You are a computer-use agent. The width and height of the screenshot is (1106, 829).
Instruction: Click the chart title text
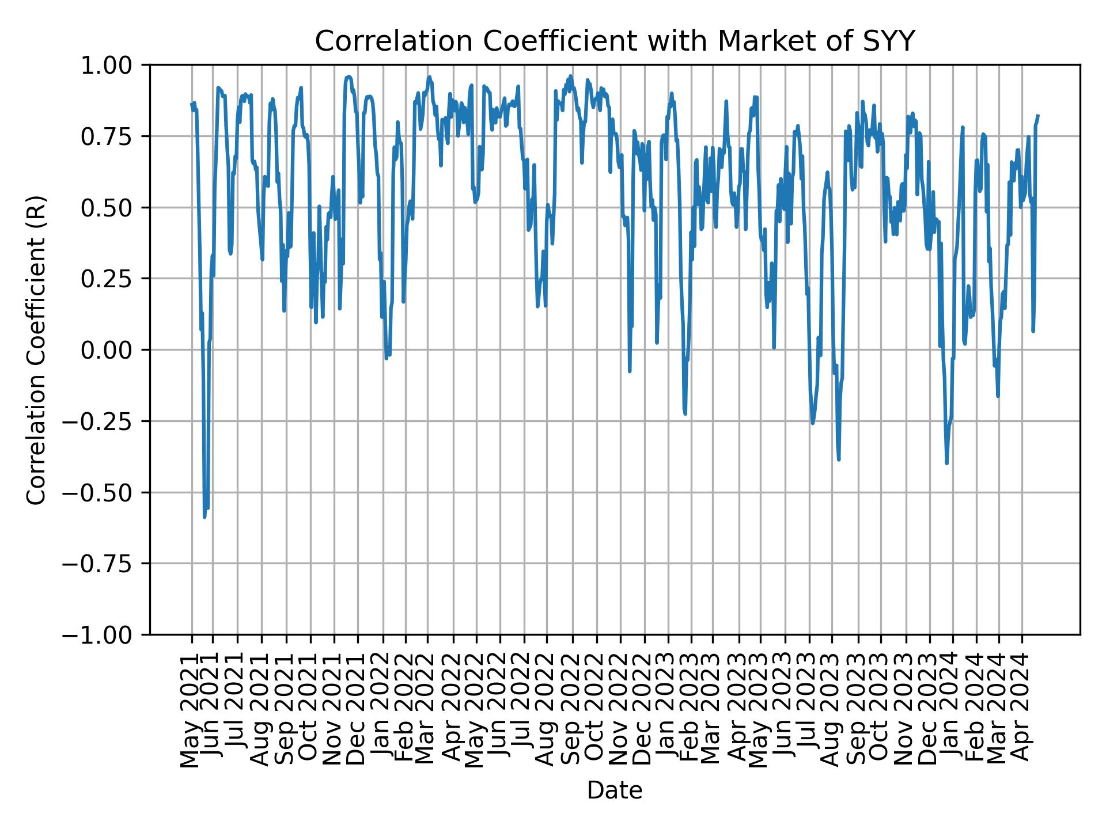coord(615,41)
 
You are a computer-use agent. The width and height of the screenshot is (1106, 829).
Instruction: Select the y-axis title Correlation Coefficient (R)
coord(36,350)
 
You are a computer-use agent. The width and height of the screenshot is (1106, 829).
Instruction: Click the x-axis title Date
coord(615,790)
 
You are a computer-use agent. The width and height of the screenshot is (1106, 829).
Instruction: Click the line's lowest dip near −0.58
coord(204,516)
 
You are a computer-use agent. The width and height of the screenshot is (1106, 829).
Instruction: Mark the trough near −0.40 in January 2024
coord(947,463)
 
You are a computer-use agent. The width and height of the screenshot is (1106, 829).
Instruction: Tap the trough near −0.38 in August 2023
coord(839,459)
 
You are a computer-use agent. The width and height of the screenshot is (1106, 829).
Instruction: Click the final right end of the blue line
coord(1038,116)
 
